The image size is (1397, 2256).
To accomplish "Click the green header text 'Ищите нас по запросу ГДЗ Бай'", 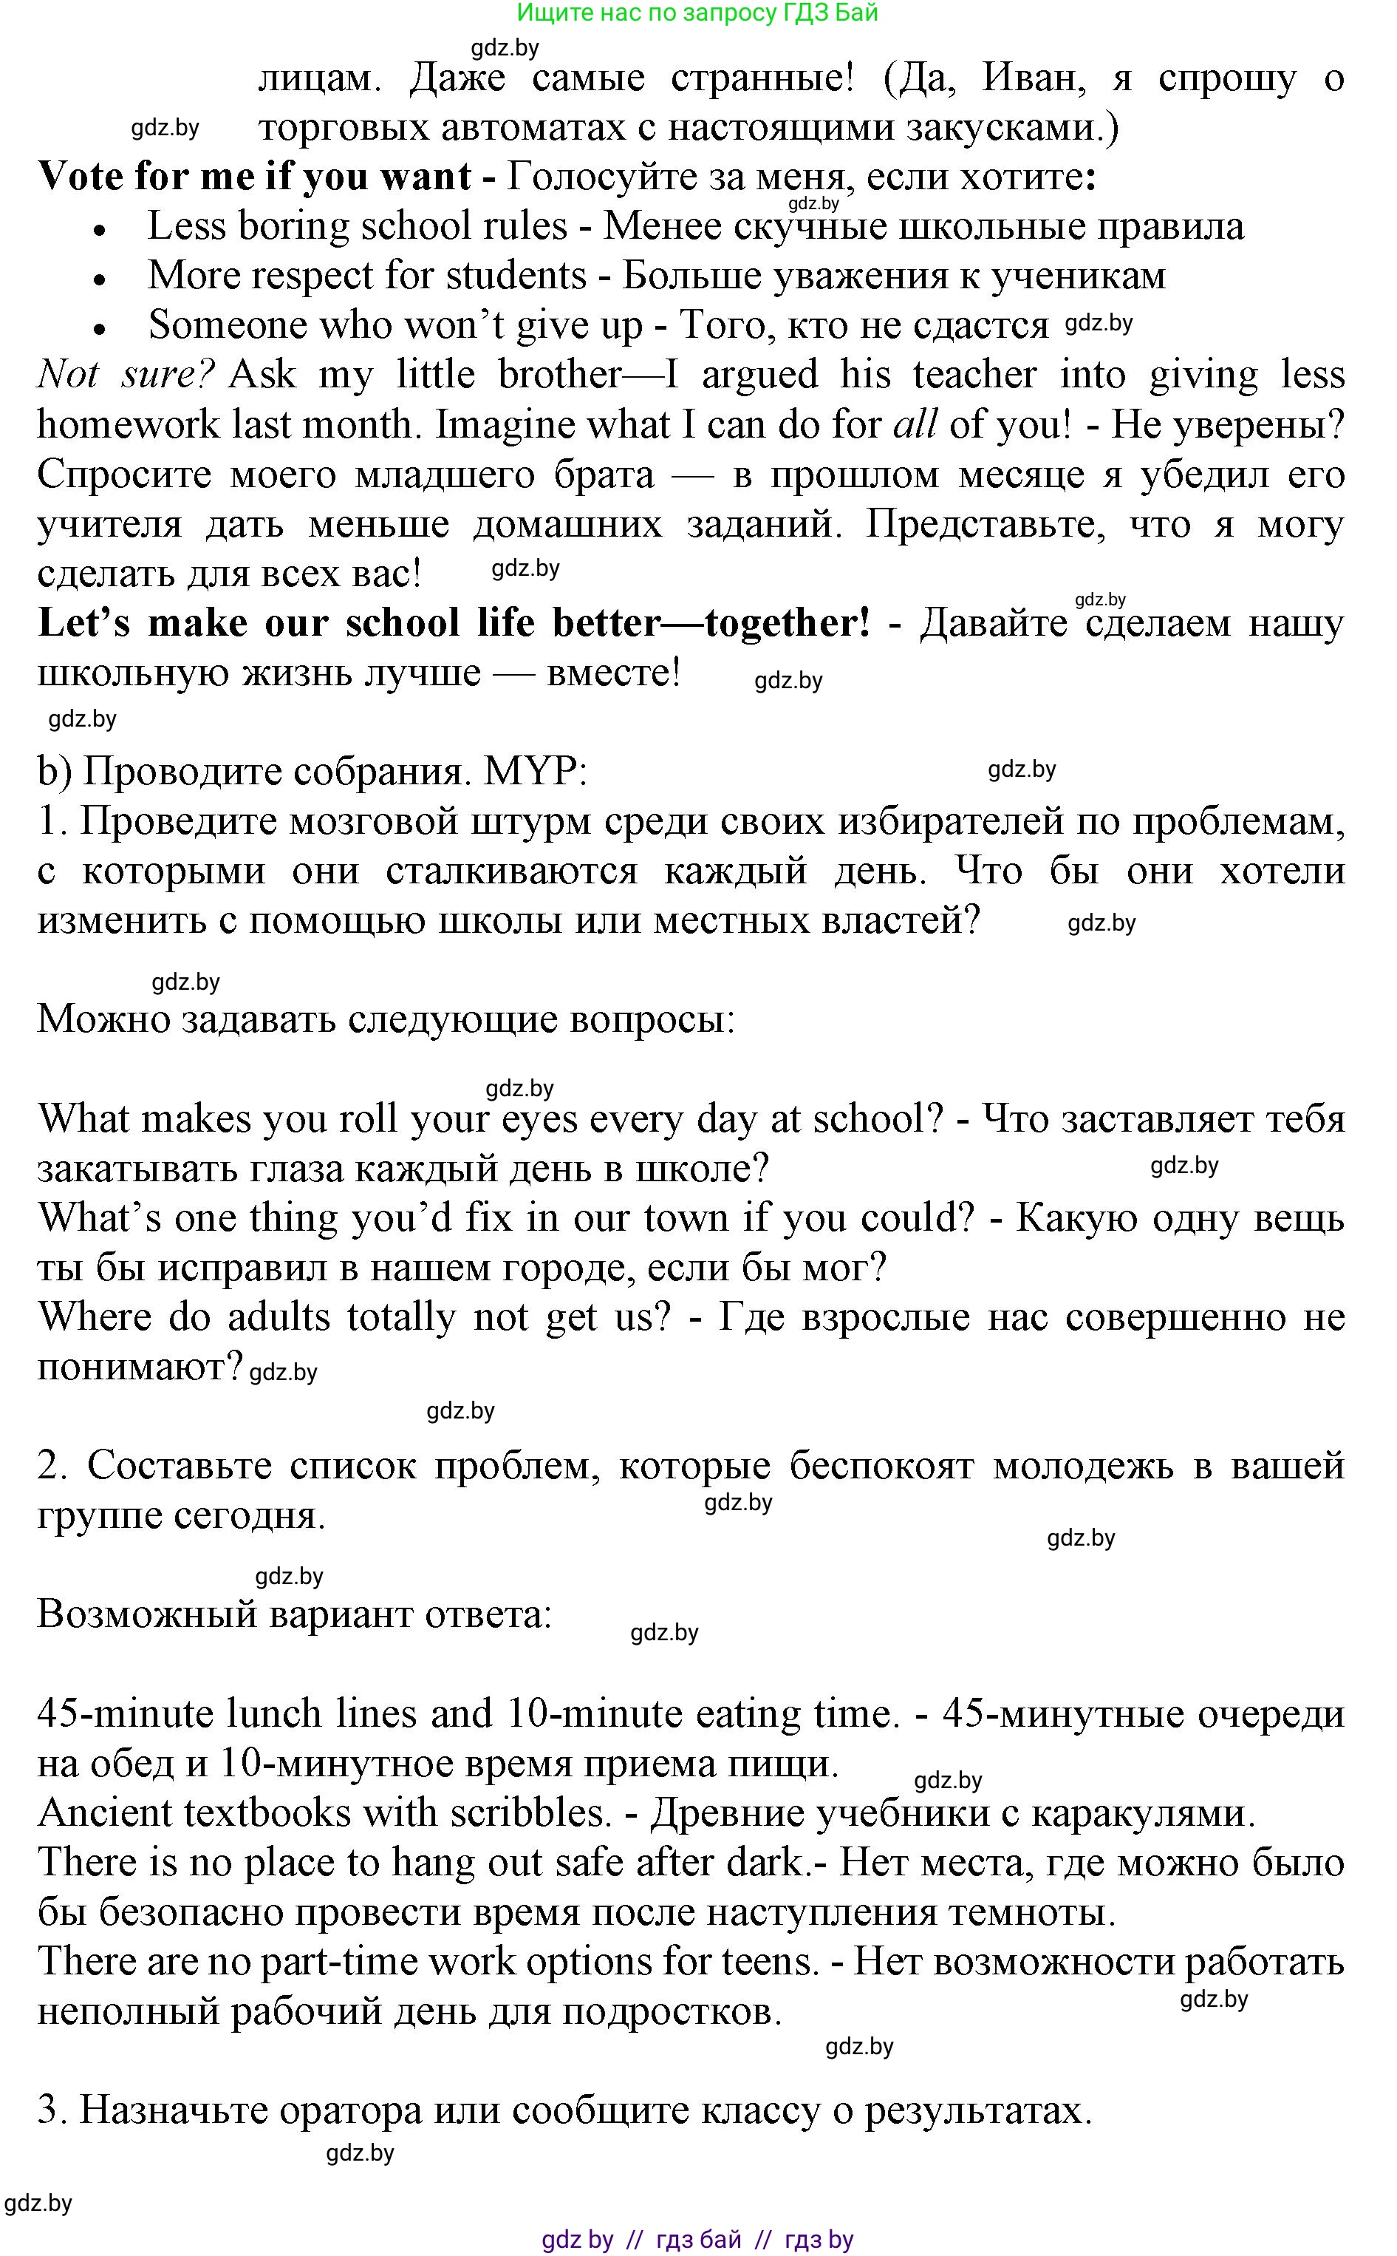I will [697, 13].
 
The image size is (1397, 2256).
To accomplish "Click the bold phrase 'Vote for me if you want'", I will [254, 177].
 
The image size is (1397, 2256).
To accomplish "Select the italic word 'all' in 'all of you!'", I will [914, 425].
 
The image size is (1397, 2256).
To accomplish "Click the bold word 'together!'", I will [786, 624].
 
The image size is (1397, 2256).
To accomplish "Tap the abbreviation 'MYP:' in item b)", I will [535, 771].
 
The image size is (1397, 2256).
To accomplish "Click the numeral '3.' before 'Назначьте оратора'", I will [51, 2111].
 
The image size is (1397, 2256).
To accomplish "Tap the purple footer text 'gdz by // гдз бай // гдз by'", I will [697, 2239].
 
